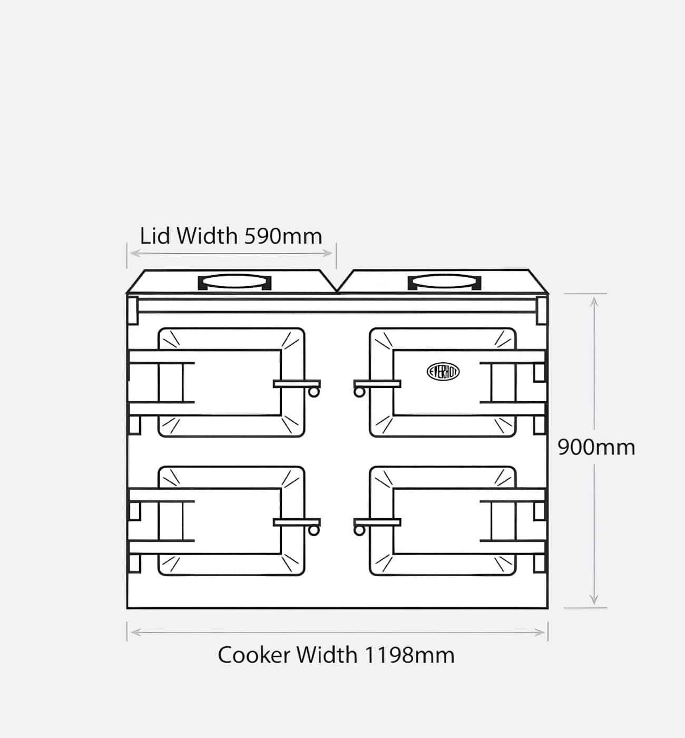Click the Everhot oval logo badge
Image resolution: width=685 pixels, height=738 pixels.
443,372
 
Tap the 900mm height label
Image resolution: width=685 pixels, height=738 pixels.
596,447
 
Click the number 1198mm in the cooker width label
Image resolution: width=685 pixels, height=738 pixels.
410,655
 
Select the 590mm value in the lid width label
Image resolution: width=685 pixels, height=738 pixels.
283,236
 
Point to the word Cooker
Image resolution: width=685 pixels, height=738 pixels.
254,655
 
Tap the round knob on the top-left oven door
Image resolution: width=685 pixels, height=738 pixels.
314,392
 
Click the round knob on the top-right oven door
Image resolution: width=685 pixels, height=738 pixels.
359,392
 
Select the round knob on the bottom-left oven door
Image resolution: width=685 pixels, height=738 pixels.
314,531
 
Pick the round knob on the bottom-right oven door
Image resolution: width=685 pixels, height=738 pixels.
359,531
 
